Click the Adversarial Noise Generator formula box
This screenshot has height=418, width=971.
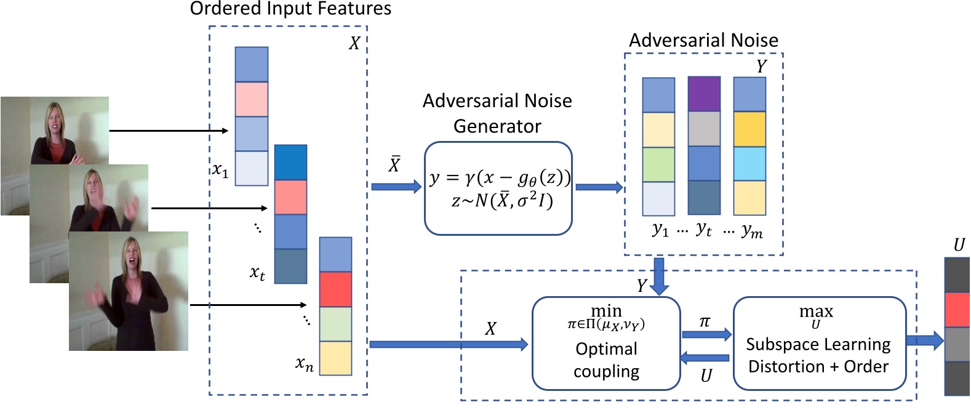point(498,188)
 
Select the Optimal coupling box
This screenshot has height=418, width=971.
point(606,344)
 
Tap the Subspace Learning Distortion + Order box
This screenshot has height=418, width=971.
point(819,344)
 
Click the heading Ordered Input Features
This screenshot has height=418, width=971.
point(290,9)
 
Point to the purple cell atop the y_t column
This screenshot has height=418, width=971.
point(704,94)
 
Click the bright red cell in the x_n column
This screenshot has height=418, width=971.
point(335,289)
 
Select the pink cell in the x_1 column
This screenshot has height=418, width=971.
point(252,99)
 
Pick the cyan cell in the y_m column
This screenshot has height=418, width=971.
point(749,163)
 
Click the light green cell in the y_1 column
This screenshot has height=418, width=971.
point(658,164)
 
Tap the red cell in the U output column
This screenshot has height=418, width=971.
point(957,310)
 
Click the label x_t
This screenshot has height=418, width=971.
point(257,272)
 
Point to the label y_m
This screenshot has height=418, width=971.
point(752,231)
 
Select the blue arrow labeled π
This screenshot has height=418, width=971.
point(706,334)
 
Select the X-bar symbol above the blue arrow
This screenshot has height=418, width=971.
point(394,164)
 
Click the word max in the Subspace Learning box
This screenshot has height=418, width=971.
point(816,311)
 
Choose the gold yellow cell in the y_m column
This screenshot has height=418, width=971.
point(749,129)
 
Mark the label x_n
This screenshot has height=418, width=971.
point(304,364)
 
